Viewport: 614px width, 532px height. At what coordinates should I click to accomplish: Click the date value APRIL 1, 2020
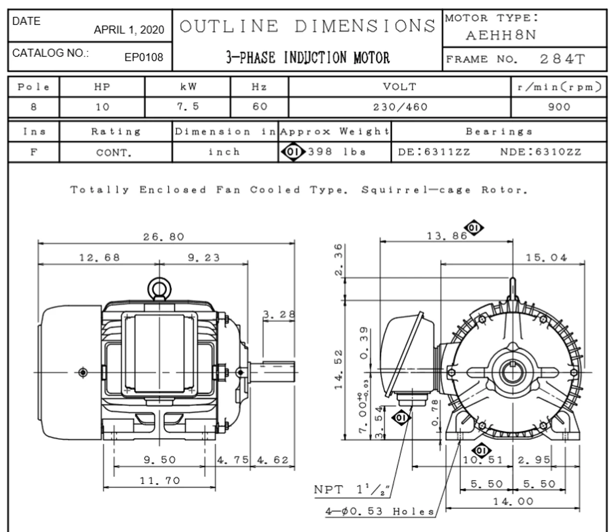point(129,30)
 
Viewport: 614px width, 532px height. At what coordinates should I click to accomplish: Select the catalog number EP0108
point(144,58)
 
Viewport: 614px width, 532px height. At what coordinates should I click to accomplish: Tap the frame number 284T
point(562,59)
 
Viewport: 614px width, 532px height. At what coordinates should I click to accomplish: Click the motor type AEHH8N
point(501,35)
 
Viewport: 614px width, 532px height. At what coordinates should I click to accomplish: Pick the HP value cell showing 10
point(102,107)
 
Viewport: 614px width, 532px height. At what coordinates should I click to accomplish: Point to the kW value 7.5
point(188,106)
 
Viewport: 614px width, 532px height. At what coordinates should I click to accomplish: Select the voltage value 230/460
point(400,107)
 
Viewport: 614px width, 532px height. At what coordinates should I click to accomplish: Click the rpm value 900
point(559,107)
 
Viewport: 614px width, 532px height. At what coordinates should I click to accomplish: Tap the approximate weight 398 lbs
point(337,152)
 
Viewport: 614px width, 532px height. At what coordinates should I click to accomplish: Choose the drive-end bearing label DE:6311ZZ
point(434,153)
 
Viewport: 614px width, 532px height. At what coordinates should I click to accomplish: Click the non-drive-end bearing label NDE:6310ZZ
point(541,153)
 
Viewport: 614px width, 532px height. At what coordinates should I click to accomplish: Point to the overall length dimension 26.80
point(164,237)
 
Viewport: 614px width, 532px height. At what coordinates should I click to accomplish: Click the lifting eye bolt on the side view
point(159,289)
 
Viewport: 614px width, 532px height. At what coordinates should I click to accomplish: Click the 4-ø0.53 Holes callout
point(380,511)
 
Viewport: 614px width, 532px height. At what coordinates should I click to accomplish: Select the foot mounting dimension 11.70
point(160,480)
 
